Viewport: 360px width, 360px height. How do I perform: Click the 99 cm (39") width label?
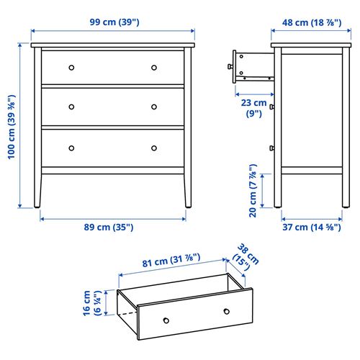click(x=114, y=22)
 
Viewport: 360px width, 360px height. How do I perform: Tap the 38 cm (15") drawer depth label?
click(x=242, y=256)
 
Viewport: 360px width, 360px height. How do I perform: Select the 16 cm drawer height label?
click(x=91, y=303)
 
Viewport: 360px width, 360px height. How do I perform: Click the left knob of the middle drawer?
click(x=71, y=107)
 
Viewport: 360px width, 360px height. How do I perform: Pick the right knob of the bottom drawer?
click(x=154, y=148)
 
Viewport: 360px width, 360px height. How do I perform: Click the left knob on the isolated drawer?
click(x=165, y=320)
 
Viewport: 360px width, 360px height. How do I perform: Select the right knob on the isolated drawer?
click(x=227, y=310)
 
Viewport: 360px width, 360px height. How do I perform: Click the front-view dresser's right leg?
click(x=189, y=190)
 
